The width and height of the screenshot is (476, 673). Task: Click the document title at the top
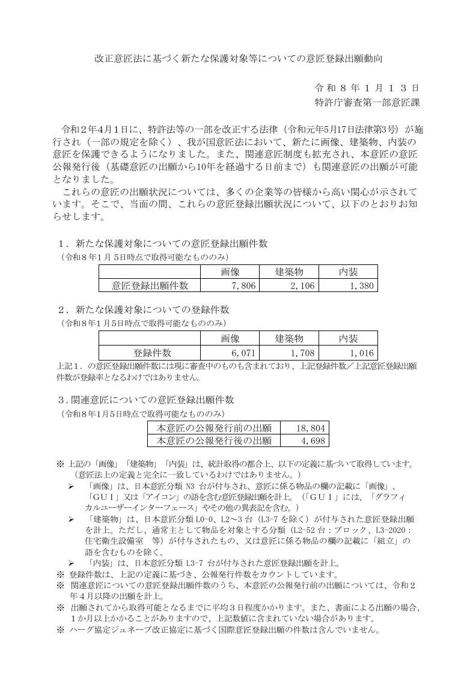(239, 59)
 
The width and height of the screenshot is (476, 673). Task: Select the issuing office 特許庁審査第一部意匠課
(367, 102)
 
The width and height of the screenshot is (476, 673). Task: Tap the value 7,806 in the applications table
(243, 287)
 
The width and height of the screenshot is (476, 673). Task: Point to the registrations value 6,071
(243, 353)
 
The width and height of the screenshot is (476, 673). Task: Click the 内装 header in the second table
(348, 339)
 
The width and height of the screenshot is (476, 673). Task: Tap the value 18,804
(310, 428)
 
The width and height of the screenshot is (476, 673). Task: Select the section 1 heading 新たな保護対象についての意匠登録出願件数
(171, 243)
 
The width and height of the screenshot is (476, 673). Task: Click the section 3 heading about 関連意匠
(147, 400)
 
